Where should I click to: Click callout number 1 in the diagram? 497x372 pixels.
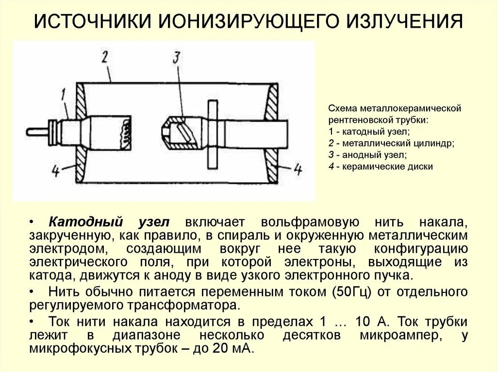point(63,94)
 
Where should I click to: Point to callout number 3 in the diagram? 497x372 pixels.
point(177,59)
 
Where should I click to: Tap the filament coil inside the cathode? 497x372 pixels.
point(126,131)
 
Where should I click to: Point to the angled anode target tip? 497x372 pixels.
point(177,131)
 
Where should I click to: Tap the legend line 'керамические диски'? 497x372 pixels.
point(381,166)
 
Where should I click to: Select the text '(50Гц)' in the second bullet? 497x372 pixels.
point(351,292)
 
